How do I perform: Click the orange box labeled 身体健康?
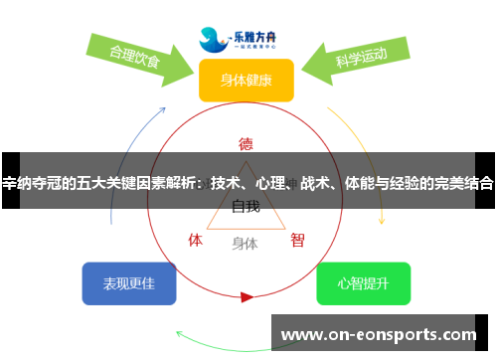[246, 80]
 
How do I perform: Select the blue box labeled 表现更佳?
[129, 283]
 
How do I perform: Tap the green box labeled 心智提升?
[363, 283]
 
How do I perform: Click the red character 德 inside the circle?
[246, 143]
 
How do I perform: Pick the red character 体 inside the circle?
[196, 240]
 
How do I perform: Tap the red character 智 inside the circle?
[297, 240]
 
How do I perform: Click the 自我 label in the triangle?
[246, 207]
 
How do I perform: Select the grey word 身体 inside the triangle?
[245, 243]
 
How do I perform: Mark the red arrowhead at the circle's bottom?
[247, 296]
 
